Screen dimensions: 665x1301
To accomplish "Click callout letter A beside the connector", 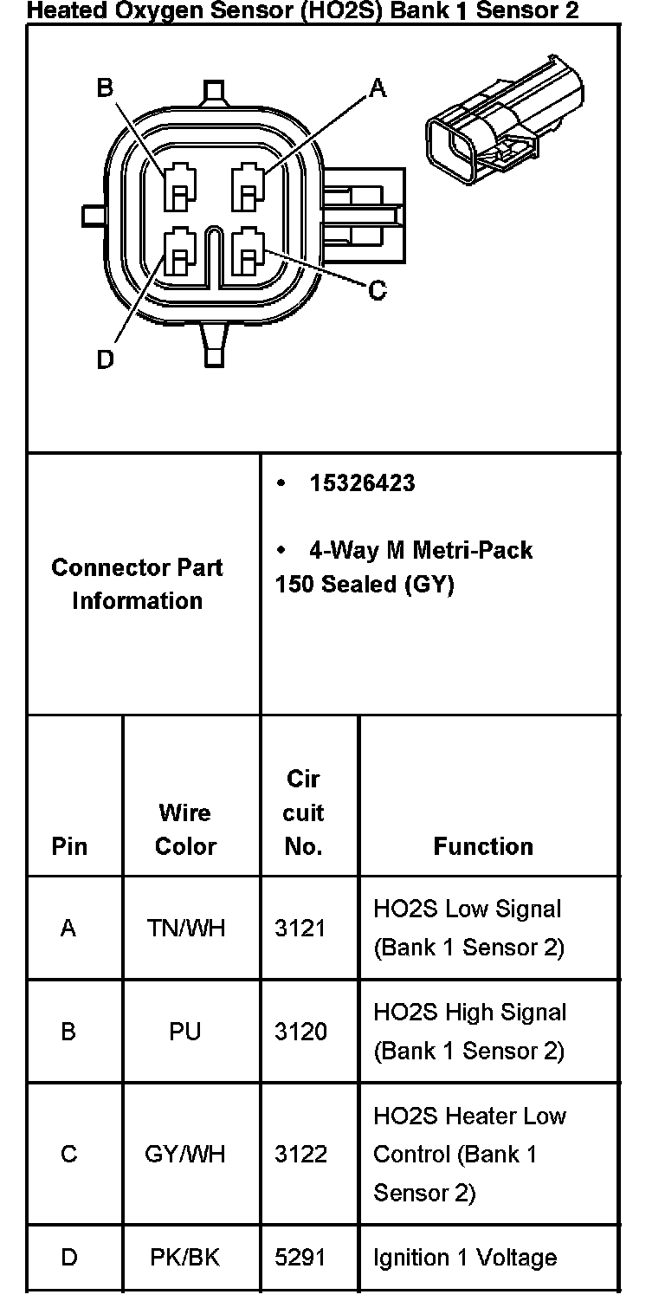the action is click(x=378, y=88).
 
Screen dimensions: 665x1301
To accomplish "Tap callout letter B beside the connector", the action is click(x=105, y=88).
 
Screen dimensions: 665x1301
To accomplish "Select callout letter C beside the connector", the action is click(x=378, y=290).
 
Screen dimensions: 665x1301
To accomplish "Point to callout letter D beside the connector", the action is click(x=105, y=359).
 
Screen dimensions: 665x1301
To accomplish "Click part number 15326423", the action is click(x=362, y=483).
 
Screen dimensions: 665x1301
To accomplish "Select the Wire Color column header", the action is click(x=184, y=829).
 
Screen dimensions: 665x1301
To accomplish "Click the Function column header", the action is click(x=483, y=846).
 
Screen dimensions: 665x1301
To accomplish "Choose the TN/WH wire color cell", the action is click(x=186, y=929).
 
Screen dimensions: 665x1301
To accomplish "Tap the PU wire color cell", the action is click(x=185, y=1032).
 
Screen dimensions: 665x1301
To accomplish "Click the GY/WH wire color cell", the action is click(x=185, y=1155).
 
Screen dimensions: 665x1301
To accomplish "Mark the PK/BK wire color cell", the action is click(x=185, y=1258).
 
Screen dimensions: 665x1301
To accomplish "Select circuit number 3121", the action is click(x=301, y=929).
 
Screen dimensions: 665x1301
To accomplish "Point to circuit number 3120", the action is click(x=301, y=1032).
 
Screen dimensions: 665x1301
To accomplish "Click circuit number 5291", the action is click(x=301, y=1258).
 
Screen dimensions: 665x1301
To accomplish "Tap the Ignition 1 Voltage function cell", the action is click(x=465, y=1258).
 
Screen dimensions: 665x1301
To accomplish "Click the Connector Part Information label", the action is click(x=137, y=584).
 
